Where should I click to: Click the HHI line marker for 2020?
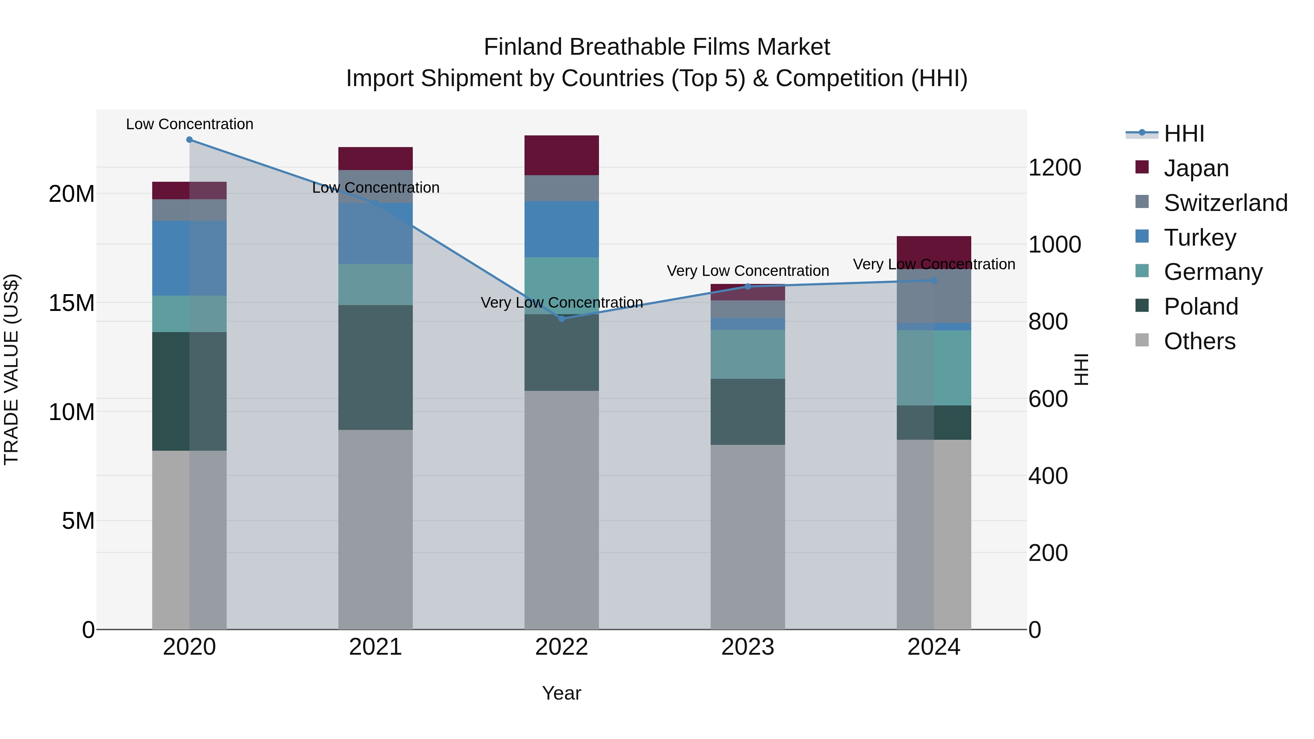coord(189,140)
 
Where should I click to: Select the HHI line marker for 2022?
coord(562,319)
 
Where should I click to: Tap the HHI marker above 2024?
coord(934,281)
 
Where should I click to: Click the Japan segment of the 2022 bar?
coord(562,155)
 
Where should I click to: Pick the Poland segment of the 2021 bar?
coord(376,367)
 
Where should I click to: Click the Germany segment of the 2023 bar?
coord(748,354)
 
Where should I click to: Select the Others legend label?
coord(1199,341)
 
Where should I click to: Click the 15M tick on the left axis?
coord(72,303)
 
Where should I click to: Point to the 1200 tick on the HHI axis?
coord(1054,168)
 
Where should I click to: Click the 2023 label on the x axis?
coord(748,647)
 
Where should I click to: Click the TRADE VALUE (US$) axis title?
coord(11,369)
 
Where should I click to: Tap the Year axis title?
coord(562,693)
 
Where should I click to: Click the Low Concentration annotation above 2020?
coord(189,124)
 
